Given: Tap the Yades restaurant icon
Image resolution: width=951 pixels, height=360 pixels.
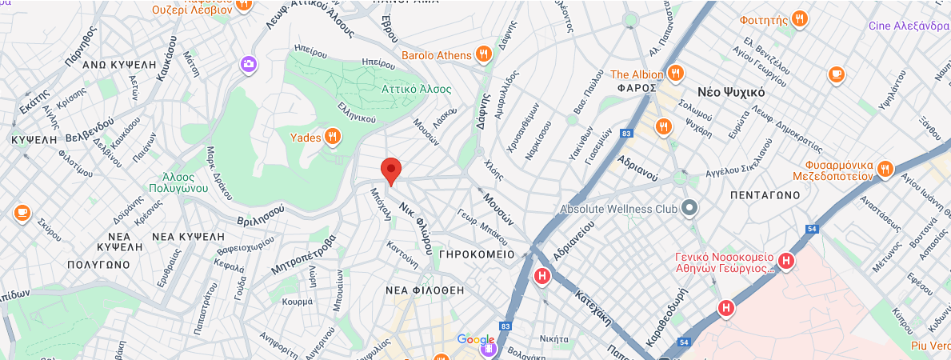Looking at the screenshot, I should [333, 138].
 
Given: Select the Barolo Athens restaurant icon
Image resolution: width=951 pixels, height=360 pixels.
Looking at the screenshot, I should [482, 54].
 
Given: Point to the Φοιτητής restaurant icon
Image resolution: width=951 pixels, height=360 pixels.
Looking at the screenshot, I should [799, 18].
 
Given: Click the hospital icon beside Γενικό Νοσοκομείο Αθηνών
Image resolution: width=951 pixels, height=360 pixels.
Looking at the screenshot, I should [786, 261].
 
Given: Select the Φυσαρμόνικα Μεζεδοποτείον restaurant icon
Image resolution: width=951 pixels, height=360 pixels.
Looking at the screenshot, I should [884, 169].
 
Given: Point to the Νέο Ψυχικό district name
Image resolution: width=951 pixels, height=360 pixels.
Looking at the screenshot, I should [731, 92].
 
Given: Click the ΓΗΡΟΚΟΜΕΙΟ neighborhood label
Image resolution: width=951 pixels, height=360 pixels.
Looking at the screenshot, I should [476, 254].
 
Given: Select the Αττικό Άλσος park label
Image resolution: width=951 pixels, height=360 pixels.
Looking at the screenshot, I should [416, 89].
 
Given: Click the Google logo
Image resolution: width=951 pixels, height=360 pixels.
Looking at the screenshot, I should [476, 340].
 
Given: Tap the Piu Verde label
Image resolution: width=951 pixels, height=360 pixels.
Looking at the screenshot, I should [929, 346].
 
